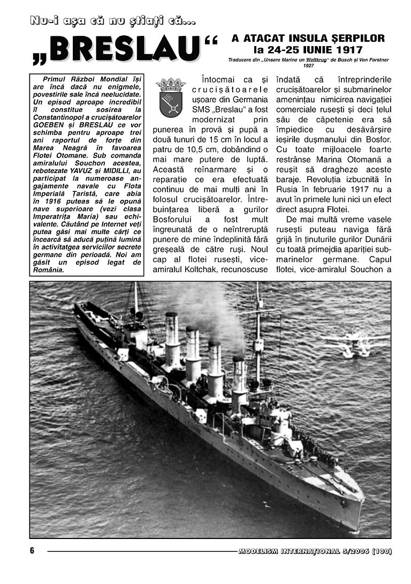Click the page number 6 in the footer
tap(32, 551)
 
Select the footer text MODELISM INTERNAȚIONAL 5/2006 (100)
tap(315, 551)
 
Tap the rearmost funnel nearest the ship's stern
tap(172, 338)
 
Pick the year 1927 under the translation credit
tap(308, 65)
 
